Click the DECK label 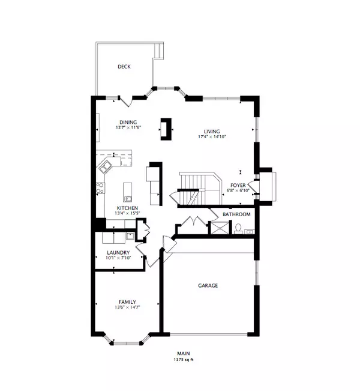(124, 67)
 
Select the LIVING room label (211, 132)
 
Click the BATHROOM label (236, 214)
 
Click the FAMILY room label (127, 302)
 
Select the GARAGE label (209, 286)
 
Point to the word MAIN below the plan (183, 353)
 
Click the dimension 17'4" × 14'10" (211, 138)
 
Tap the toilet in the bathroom (238, 228)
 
